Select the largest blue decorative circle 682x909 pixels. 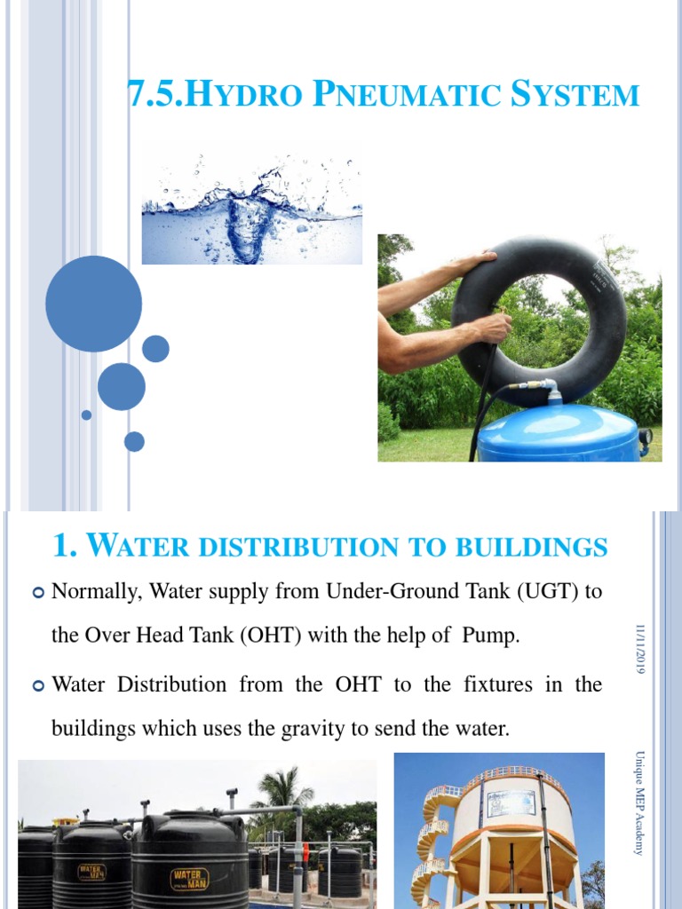tap(93, 304)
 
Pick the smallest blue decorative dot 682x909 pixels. tap(86, 415)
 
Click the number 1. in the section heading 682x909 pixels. tap(67, 546)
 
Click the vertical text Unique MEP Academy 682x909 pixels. tap(639, 803)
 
